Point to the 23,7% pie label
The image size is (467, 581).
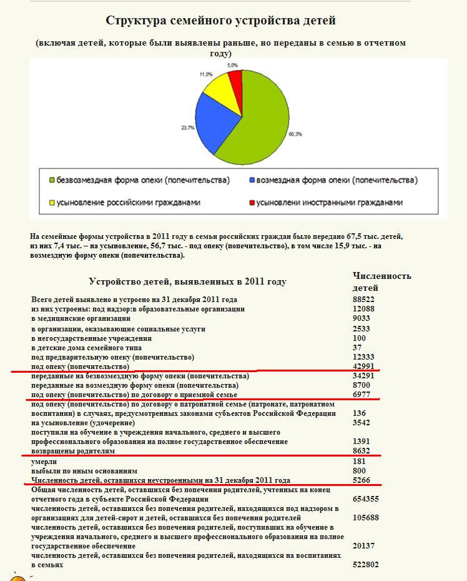coord(188,128)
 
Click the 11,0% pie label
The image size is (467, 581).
coord(206,74)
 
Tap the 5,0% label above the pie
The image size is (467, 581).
coord(232,65)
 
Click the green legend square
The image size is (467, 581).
coord(52,180)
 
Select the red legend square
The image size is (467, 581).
coord(252,203)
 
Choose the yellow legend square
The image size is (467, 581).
coord(52,203)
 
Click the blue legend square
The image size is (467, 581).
coord(252,180)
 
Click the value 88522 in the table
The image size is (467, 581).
coord(363,300)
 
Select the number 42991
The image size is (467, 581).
coord(363,366)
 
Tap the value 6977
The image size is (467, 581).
coord(361,395)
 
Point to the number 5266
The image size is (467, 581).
coord(361,480)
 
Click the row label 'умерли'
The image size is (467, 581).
coord(45,462)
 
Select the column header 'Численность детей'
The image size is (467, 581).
coord(381,281)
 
